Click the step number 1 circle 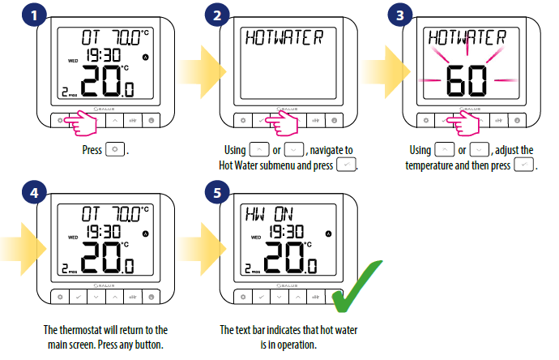pos(34,15)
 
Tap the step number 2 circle pos(217,15)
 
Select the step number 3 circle pos(400,15)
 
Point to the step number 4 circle pos(34,193)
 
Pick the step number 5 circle pos(217,193)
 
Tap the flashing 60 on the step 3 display pos(467,81)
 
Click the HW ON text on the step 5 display pos(269,214)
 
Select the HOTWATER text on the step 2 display pos(284,37)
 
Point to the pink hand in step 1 pos(82,123)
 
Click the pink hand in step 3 pos(463,123)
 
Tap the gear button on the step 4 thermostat pos(60,297)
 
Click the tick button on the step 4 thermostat pos(78,297)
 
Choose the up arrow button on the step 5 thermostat pos(297,297)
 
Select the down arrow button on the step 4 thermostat pos(96,297)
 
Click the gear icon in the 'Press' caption pos(115,149)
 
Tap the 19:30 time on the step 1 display pos(104,55)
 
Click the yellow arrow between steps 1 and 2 pos(202,72)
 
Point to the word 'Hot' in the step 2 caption pos(226,165)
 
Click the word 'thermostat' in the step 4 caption pos(80,330)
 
